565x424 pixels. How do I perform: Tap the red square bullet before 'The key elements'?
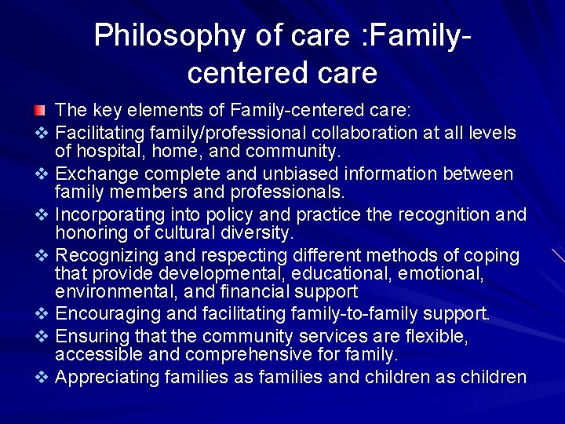pos(40,108)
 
